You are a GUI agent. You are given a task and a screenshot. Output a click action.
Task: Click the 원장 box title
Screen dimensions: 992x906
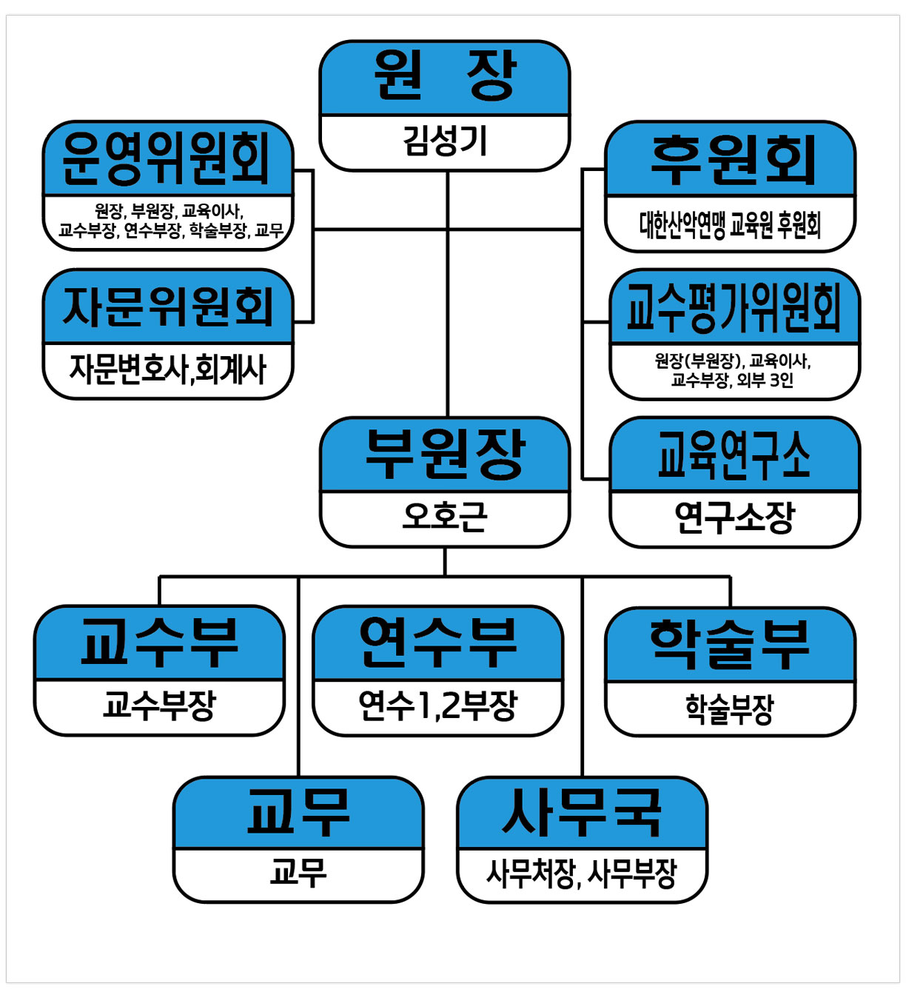[x=444, y=77]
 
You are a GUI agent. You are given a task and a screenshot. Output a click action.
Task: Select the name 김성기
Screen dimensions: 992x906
[x=445, y=141]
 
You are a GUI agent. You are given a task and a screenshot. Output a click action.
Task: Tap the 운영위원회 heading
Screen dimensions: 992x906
[x=167, y=158]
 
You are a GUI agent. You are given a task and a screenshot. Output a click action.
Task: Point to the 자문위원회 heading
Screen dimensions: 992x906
[x=168, y=306]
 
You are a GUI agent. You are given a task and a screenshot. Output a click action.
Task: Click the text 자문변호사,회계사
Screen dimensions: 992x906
[x=168, y=369]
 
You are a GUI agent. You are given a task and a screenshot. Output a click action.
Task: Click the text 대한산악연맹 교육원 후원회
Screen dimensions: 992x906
[x=731, y=224]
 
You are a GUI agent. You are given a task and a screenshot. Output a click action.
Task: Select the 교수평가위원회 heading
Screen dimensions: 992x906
[x=734, y=307]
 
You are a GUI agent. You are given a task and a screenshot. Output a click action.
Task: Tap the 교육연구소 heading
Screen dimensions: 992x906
[x=734, y=455]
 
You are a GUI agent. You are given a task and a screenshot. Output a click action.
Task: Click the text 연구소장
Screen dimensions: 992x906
[x=734, y=517]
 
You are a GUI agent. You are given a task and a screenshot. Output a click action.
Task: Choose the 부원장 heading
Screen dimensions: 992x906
[x=445, y=455]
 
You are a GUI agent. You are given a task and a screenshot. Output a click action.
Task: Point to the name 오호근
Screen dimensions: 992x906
[x=445, y=517]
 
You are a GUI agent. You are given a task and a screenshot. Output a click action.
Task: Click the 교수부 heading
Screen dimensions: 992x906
[x=159, y=642]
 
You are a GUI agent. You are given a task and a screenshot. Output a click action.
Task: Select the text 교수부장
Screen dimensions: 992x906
[x=159, y=706]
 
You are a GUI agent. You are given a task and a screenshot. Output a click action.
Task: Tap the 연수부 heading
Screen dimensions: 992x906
[x=437, y=642]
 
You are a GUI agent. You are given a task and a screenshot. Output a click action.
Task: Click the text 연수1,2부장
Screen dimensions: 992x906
[x=437, y=706]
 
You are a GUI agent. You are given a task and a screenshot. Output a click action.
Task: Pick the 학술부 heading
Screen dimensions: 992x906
[x=730, y=643]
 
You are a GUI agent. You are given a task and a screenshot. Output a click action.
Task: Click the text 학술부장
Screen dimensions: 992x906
[x=730, y=708]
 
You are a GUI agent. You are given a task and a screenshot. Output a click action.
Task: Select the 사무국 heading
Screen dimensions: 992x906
[x=582, y=813]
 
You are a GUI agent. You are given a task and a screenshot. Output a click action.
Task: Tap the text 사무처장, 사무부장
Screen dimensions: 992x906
[x=582, y=874]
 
